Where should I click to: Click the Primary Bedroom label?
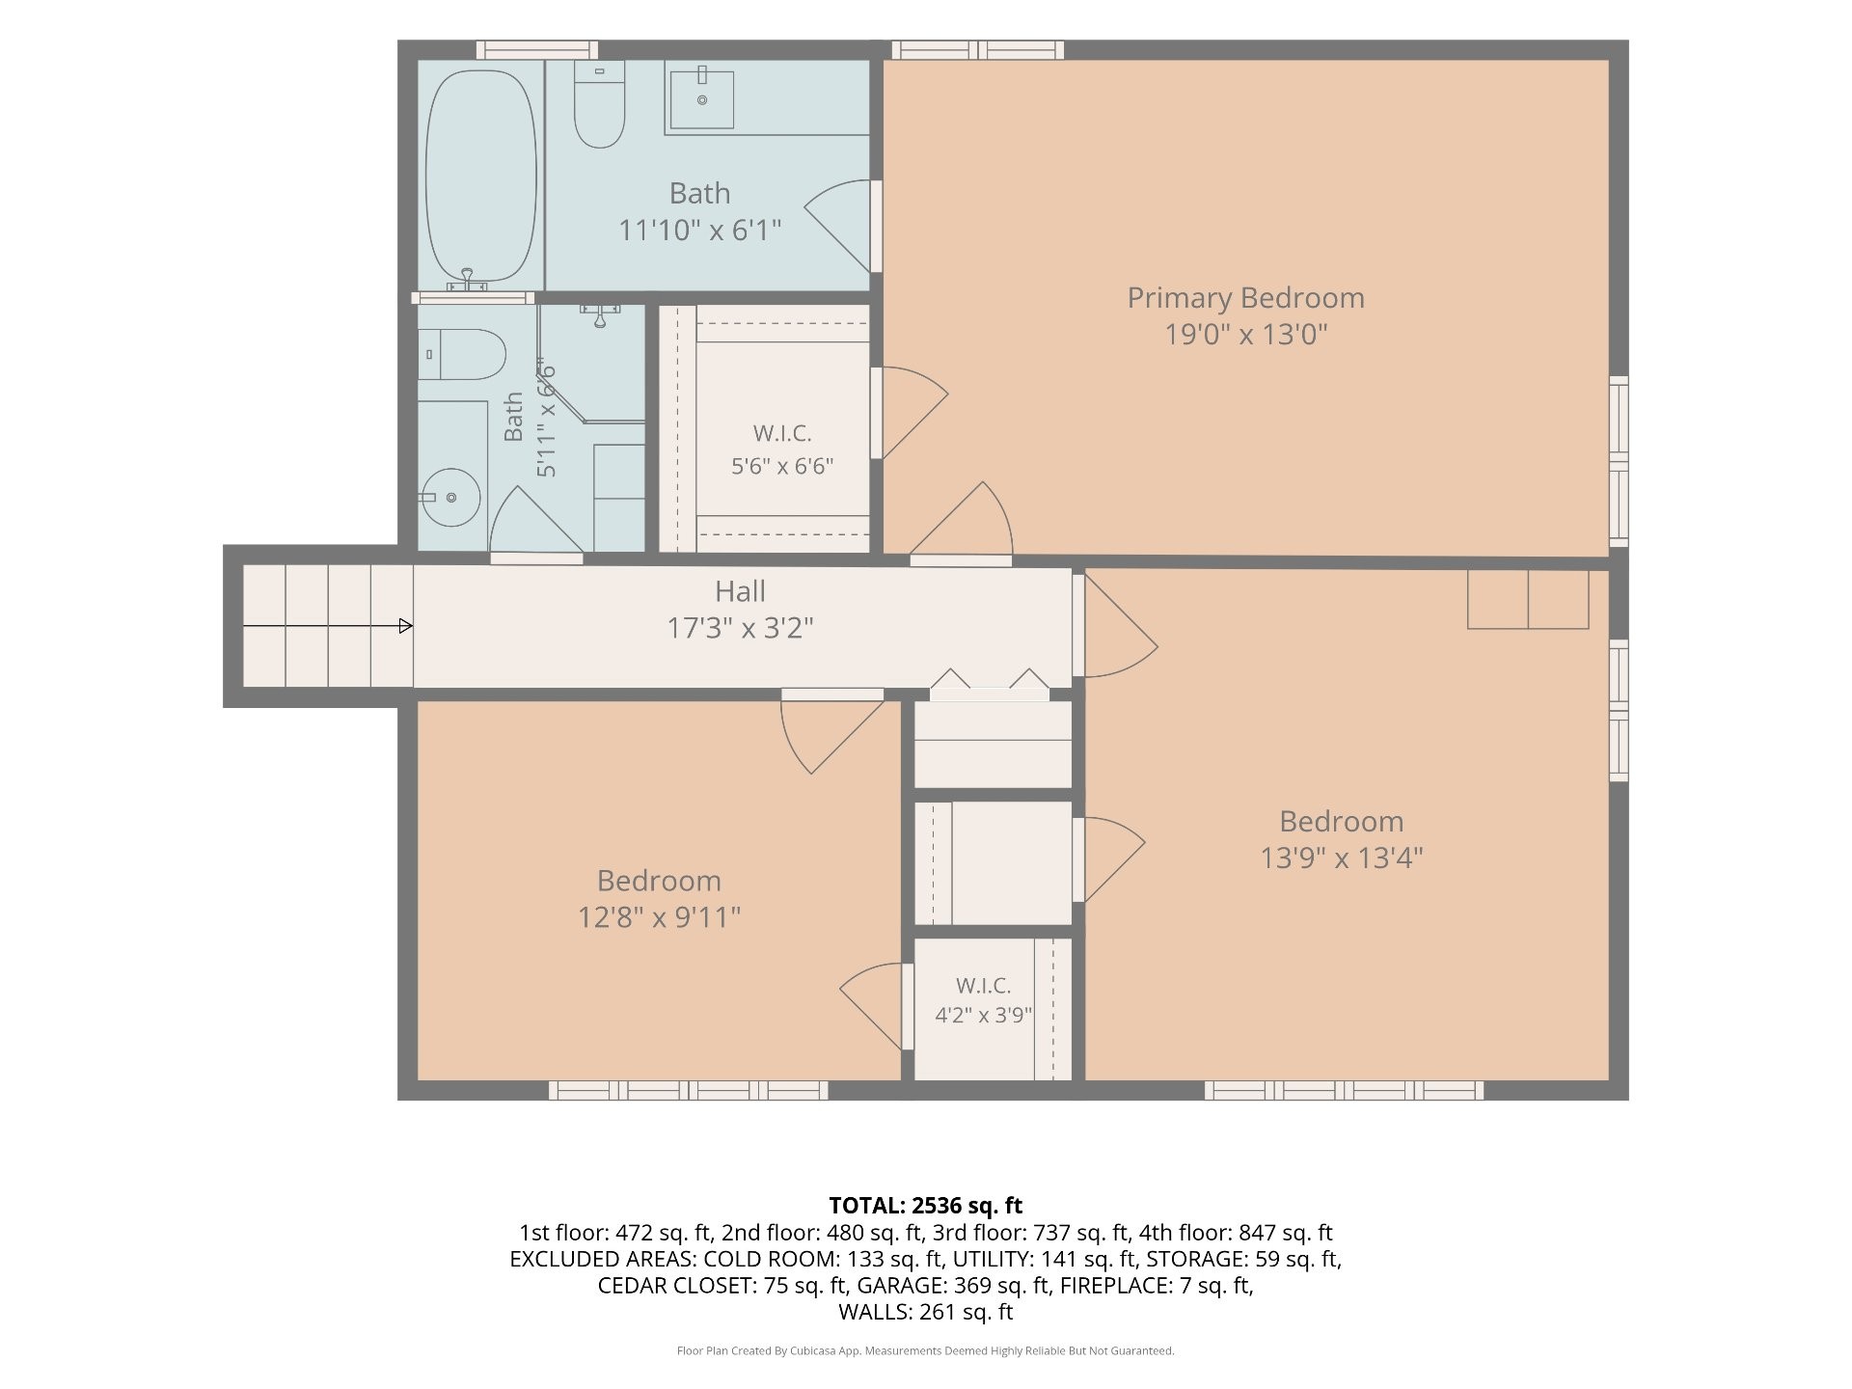(x=1245, y=298)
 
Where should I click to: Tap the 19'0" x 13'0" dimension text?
(x=1246, y=335)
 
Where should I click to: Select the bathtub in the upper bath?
(x=481, y=177)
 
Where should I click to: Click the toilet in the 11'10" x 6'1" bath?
(x=599, y=104)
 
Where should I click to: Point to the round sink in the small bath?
(x=452, y=498)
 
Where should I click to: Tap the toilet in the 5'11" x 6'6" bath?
(x=462, y=355)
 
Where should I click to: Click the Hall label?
(x=740, y=591)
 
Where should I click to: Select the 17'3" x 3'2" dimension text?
(x=740, y=629)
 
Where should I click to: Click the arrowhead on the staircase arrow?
(x=406, y=626)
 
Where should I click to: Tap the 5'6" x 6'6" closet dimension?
(x=782, y=467)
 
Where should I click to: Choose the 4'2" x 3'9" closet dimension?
(x=983, y=1016)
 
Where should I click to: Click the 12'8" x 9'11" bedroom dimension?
(x=659, y=916)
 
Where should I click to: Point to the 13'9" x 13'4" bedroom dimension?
(x=1342, y=858)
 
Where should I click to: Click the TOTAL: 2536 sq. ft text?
(x=926, y=1206)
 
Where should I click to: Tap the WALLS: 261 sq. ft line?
(x=926, y=1312)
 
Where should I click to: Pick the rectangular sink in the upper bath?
(x=701, y=97)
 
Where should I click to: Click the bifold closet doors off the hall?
(x=990, y=680)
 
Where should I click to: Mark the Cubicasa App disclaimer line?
(x=926, y=1351)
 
